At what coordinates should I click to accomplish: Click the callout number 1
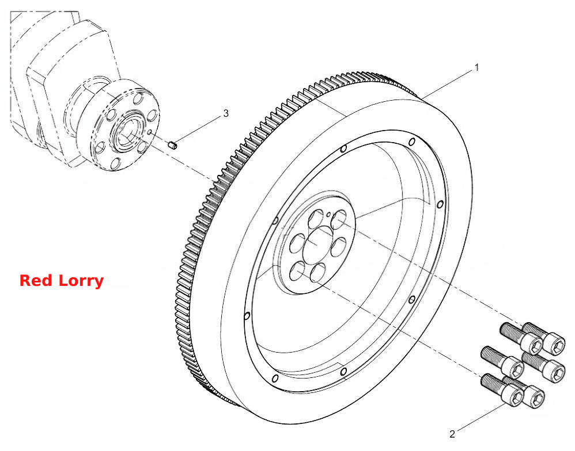pyautogui.click(x=476, y=67)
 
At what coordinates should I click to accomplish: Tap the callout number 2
pyautogui.click(x=452, y=434)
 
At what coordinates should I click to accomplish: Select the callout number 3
pyautogui.click(x=226, y=113)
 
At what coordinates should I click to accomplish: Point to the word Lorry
pyautogui.click(x=81, y=281)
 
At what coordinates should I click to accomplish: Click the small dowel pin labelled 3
pyautogui.click(x=173, y=145)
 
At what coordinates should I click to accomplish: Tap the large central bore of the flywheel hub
pyautogui.click(x=317, y=244)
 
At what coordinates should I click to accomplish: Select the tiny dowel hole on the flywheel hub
pyautogui.click(x=328, y=214)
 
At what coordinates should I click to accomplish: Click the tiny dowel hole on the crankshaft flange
pyautogui.click(x=150, y=132)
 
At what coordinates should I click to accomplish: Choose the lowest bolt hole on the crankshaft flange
pyautogui.click(x=115, y=163)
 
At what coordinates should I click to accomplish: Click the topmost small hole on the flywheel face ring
pyautogui.click(x=412, y=142)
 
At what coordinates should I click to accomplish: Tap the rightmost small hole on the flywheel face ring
pyautogui.click(x=440, y=204)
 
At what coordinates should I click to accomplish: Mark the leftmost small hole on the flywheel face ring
pyautogui.click(x=247, y=316)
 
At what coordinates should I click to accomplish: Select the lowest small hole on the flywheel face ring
pyautogui.click(x=275, y=378)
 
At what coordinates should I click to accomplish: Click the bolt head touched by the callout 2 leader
pyautogui.click(x=512, y=396)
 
